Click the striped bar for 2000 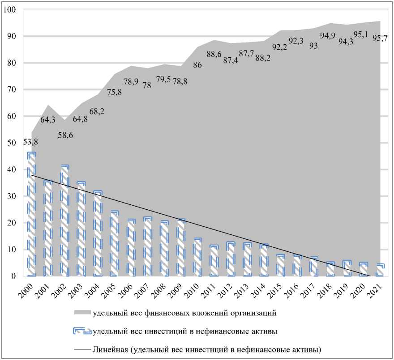[31, 215]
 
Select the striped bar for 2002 [64, 221]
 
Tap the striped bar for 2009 [180, 248]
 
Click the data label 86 [197, 64]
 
